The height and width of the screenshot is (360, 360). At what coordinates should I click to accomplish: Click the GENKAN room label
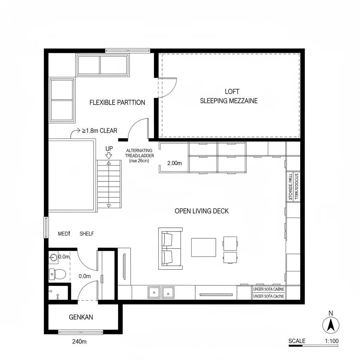click(81, 317)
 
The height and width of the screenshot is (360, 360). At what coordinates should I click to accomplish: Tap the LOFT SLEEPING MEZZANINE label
click(229, 96)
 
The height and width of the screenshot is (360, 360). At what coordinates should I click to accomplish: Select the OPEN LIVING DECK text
click(202, 211)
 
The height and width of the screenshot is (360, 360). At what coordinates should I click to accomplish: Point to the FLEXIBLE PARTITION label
click(117, 103)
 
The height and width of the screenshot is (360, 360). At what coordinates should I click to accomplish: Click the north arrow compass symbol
click(330, 324)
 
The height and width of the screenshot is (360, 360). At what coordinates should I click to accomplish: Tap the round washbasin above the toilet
click(53, 258)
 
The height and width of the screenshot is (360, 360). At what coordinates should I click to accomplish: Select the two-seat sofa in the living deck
click(170, 248)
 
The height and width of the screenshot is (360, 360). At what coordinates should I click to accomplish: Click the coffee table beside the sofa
click(204, 247)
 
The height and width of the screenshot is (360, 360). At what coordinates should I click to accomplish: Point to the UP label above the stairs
click(109, 149)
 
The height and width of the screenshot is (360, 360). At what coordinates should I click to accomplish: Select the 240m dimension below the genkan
click(79, 341)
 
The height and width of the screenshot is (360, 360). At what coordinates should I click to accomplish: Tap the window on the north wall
click(127, 50)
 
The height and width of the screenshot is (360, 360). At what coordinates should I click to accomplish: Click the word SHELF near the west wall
click(87, 234)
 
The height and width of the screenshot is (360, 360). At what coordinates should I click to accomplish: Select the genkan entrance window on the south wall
click(81, 332)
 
